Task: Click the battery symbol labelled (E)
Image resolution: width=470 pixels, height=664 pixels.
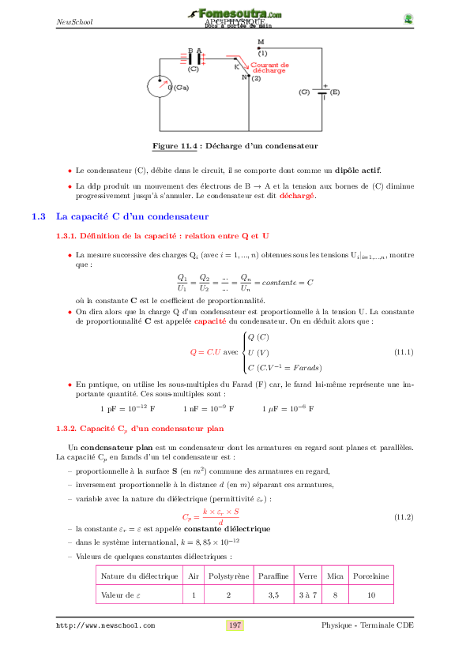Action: click(x=323, y=92)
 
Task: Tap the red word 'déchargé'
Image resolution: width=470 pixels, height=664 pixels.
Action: click(x=298, y=196)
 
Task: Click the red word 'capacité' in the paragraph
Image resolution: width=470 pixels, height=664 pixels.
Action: click(x=210, y=322)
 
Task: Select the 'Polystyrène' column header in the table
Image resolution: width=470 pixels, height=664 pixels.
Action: click(x=228, y=576)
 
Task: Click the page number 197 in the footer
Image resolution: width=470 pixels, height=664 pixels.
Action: click(x=235, y=625)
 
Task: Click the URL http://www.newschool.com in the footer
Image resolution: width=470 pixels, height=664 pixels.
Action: click(x=105, y=625)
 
